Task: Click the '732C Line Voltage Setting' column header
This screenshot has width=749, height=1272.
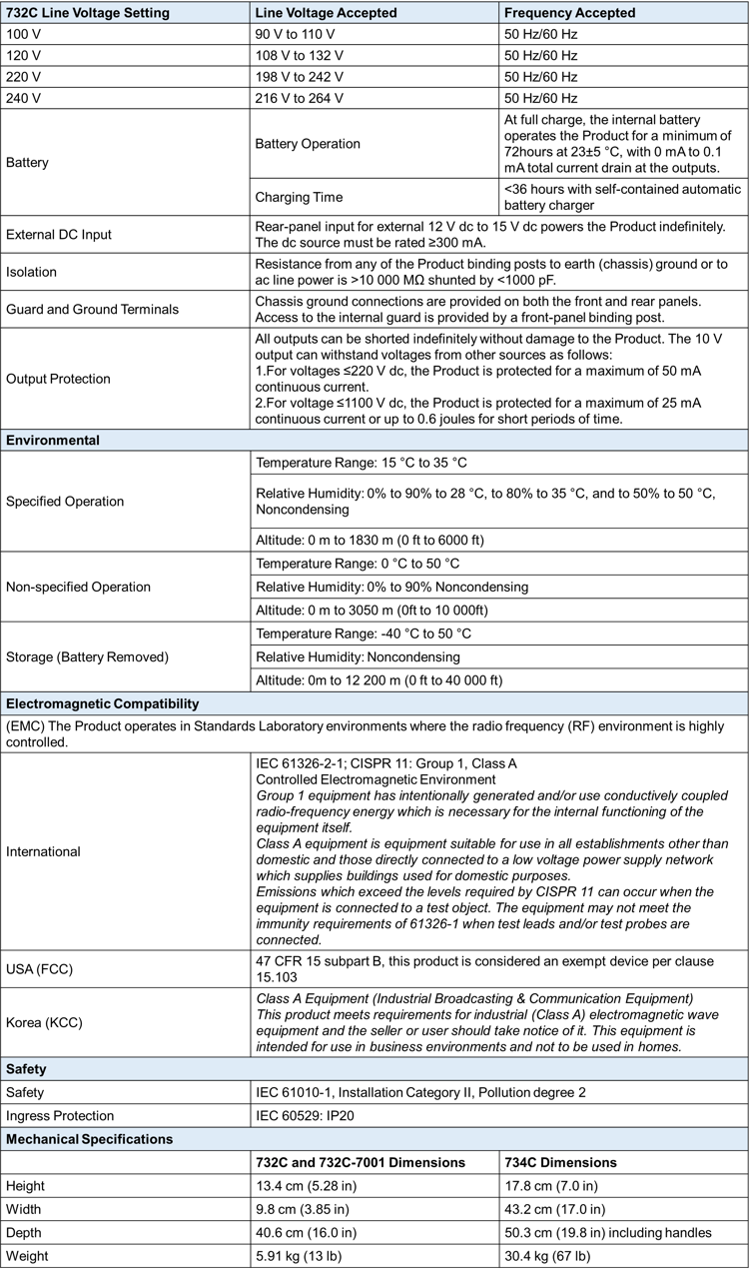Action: (88, 13)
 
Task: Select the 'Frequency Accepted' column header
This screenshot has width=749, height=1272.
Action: (569, 13)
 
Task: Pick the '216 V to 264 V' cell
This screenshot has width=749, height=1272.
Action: (300, 98)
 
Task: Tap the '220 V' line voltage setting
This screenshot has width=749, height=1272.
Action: (24, 77)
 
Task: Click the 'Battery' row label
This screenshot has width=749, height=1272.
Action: (28, 161)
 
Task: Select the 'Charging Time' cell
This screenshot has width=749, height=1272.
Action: (299, 197)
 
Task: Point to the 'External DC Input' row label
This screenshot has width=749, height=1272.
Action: (59, 234)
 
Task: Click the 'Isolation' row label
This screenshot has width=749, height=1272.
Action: (32, 272)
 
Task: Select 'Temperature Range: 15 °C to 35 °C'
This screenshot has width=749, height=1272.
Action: (362, 463)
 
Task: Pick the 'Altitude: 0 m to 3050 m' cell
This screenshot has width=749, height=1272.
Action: (370, 610)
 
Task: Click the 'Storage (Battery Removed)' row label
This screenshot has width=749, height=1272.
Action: (88, 656)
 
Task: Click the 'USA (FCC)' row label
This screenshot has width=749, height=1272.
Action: (40, 968)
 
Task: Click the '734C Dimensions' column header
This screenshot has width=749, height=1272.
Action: (560, 1162)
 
